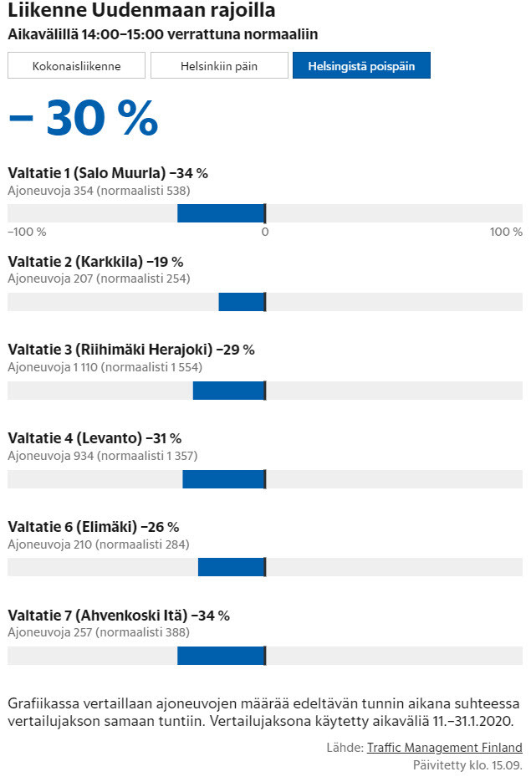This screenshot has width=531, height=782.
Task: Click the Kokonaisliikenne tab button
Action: pos(76,65)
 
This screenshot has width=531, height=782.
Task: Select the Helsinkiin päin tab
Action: pos(219,65)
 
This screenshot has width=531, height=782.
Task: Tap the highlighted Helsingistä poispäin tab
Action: pos(361,65)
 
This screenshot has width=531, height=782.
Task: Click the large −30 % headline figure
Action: pos(83,119)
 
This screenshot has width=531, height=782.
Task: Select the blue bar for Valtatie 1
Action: pos(221,213)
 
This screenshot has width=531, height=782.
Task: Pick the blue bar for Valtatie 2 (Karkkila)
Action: pos(242,302)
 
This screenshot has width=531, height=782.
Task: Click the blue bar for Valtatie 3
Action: pos(228,391)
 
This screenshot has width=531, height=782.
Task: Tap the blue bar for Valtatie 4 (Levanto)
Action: pos(223,479)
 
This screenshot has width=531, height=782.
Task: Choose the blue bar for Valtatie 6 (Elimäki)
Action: pos(231,567)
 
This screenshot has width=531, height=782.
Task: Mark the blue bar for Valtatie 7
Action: pos(221,656)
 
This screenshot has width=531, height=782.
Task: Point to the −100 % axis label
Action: pos(27,232)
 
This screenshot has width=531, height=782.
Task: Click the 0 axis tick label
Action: pos(264,232)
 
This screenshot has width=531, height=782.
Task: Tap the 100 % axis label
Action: pos(506,232)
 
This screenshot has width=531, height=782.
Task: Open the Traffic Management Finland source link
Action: pos(444,748)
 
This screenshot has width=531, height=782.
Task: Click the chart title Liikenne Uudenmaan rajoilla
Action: pos(141,12)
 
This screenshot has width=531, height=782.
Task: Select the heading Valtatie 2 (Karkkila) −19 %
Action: pos(95,262)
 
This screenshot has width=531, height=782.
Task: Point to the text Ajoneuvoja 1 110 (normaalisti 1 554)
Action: pos(105,367)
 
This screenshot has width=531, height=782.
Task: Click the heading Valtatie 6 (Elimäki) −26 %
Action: pos(94,527)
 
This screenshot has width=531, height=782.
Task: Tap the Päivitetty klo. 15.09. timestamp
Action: pos(467,764)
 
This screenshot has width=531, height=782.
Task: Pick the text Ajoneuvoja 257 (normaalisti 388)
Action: pos(99,632)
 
